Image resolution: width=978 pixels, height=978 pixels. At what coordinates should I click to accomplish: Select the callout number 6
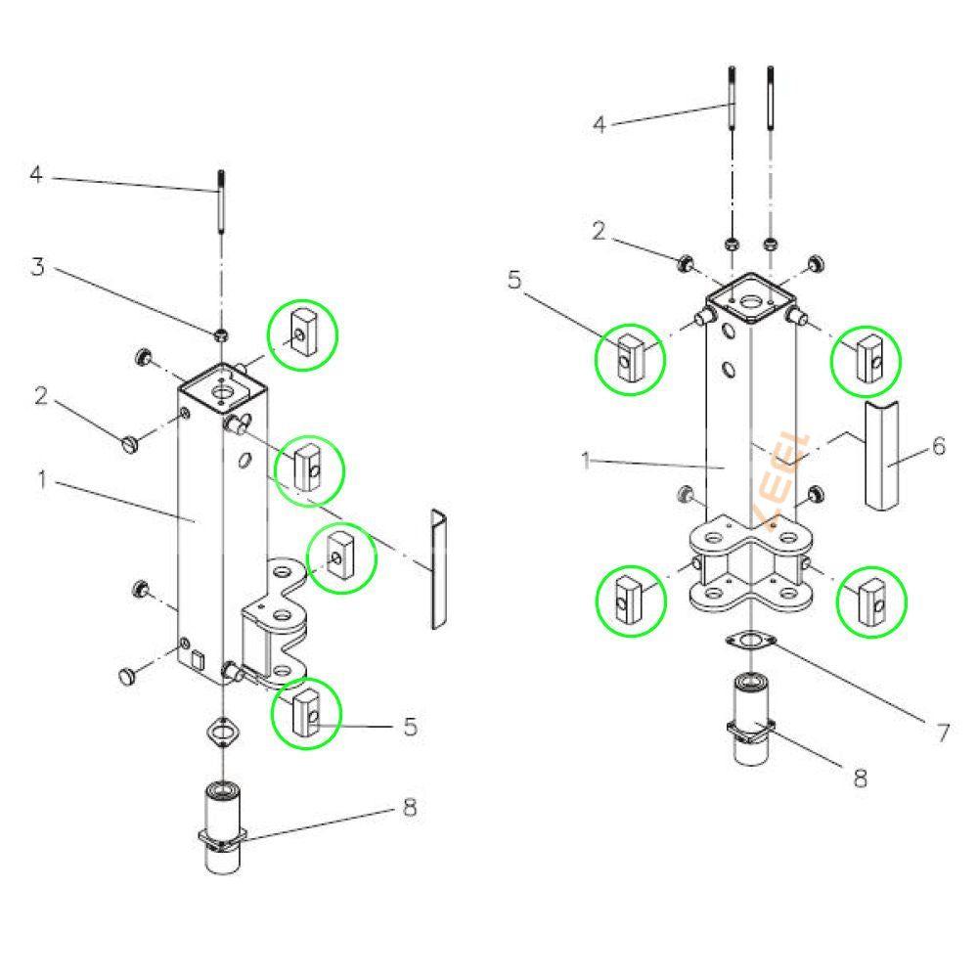click(x=938, y=446)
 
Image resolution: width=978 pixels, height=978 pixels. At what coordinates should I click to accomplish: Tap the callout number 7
click(x=943, y=732)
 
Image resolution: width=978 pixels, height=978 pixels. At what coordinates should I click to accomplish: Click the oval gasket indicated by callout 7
click(x=750, y=642)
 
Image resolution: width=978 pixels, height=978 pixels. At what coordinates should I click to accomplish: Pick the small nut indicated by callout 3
click(x=223, y=335)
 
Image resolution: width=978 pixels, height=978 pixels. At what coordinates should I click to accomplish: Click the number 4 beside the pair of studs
click(x=601, y=124)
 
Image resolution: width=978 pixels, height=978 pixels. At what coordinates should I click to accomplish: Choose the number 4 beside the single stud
click(x=36, y=175)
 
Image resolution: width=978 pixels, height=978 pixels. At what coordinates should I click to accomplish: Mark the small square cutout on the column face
click(x=197, y=658)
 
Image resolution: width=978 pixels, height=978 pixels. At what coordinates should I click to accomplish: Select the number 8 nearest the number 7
click(x=860, y=778)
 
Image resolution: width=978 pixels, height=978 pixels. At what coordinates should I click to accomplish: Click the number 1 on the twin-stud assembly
click(x=587, y=461)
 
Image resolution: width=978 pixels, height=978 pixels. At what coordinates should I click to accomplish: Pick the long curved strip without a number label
click(x=435, y=568)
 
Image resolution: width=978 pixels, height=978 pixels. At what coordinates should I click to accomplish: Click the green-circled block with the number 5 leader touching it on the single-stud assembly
click(x=306, y=713)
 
